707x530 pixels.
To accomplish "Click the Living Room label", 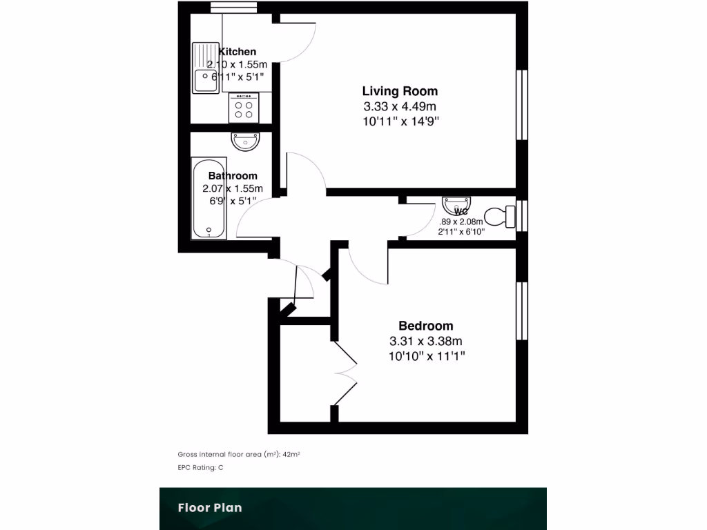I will pyautogui.click(x=400, y=91).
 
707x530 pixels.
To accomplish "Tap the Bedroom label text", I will pyautogui.click(x=425, y=326).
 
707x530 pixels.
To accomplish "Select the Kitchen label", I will pyautogui.click(x=238, y=52).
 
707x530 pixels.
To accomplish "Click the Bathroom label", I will pyautogui.click(x=233, y=176).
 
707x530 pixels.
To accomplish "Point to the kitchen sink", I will pyautogui.click(x=206, y=68).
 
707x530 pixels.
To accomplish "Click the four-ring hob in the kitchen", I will pyautogui.click(x=244, y=108).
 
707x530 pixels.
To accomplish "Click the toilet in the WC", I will pyautogui.click(x=501, y=217).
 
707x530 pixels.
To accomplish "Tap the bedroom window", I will pyautogui.click(x=523, y=311).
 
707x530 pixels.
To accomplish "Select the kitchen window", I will pyautogui.click(x=235, y=8).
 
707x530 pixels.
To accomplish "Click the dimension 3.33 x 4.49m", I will pyautogui.click(x=400, y=106).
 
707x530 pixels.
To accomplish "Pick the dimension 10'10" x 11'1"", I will pyautogui.click(x=427, y=356).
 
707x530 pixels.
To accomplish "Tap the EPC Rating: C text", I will pyautogui.click(x=201, y=467).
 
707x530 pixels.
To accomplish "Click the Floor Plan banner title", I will pyautogui.click(x=210, y=508).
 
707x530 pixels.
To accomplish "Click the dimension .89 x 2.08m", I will pyautogui.click(x=462, y=222).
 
